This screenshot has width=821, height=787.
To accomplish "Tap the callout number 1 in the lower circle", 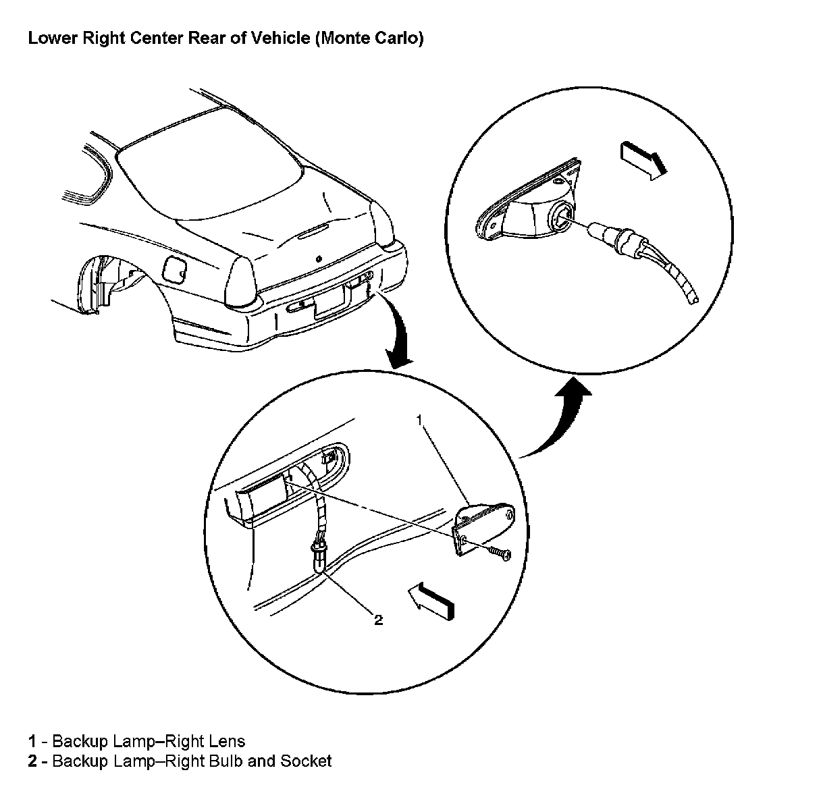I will pos(419,420).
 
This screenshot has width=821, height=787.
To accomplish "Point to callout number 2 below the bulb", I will pos(378,619).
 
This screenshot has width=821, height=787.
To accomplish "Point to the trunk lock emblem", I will pos(318,259).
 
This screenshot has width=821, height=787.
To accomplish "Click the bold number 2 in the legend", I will pos(32,761).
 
